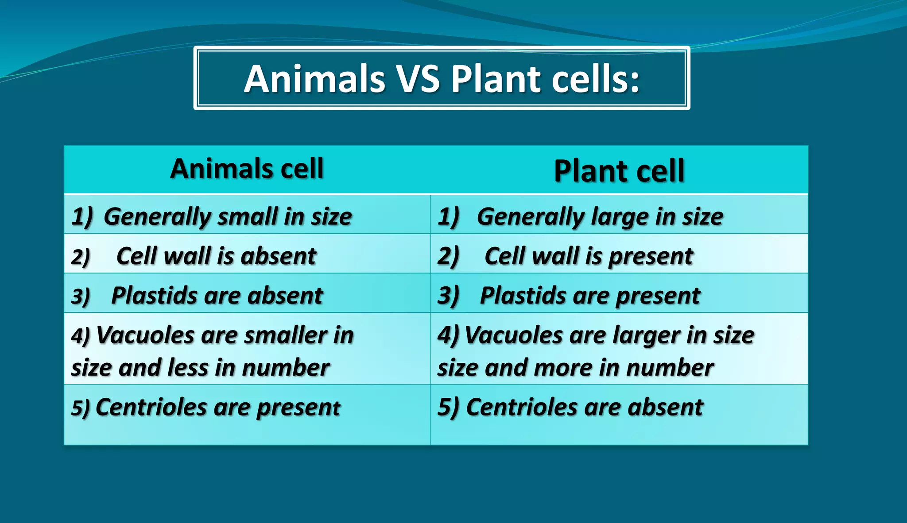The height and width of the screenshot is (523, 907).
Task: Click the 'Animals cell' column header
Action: (247, 169)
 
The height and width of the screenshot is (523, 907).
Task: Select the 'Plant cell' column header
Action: (619, 171)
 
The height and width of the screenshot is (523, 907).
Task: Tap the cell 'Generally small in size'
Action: (228, 216)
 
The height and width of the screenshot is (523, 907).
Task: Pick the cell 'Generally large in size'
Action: (600, 216)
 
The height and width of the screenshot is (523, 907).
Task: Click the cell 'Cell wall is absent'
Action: (216, 256)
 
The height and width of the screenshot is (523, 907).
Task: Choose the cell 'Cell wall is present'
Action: (589, 256)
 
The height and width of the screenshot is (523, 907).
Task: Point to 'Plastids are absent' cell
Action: (217, 295)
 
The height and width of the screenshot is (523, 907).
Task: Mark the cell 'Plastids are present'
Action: (590, 295)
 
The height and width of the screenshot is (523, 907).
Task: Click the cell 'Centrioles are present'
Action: (217, 407)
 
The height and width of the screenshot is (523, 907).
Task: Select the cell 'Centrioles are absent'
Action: (584, 407)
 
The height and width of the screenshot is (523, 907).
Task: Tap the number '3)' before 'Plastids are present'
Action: (448, 295)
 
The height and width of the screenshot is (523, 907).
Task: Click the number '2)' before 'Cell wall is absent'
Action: (80, 257)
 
